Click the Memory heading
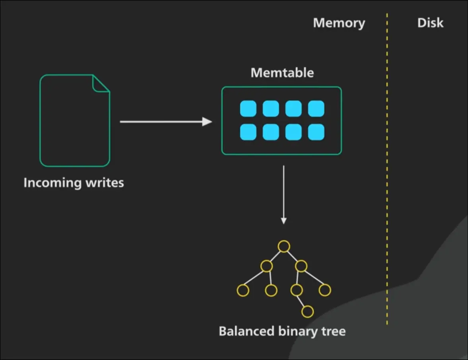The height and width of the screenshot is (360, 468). [339, 23]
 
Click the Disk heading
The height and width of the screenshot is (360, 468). [430, 23]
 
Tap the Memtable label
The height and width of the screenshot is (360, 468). [282, 73]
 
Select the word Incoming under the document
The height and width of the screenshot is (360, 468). [52, 183]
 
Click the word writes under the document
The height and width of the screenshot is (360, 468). [104, 183]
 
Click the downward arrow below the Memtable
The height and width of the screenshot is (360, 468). [284, 195]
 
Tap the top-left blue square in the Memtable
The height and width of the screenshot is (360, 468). [248, 109]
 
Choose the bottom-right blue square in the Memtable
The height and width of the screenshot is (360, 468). [316, 132]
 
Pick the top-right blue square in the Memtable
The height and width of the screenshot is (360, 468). [316, 109]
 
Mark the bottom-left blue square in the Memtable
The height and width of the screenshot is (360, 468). [248, 132]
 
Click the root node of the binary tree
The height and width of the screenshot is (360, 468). [284, 247]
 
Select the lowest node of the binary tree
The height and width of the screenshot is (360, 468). [307, 311]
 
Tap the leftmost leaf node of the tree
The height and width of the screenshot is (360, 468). [243, 290]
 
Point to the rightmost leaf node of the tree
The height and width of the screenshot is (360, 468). [324, 290]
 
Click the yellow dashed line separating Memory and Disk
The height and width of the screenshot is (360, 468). [387, 167]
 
